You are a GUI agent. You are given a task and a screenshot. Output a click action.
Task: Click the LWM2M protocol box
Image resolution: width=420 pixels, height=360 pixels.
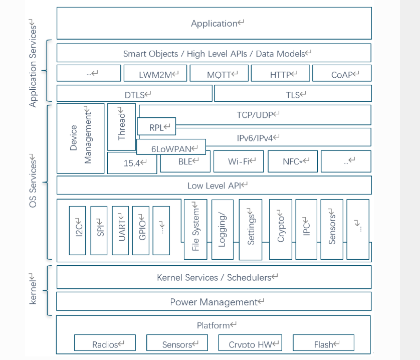click(155, 74)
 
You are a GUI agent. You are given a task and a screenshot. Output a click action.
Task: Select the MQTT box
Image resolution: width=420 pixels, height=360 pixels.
click(219, 74)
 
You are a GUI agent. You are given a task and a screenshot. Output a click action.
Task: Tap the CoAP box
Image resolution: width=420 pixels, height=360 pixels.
click(342, 74)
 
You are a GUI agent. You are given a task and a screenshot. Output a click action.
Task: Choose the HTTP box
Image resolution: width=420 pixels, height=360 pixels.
click(281, 74)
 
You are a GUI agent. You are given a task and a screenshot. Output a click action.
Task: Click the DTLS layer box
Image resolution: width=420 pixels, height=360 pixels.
click(134, 93)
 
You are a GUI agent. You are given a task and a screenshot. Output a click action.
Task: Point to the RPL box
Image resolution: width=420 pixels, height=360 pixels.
click(156, 126)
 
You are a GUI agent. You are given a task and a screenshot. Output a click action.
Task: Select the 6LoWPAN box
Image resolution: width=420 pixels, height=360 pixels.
click(171, 147)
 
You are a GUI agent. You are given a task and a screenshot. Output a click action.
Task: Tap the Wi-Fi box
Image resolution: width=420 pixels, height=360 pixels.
click(238, 161)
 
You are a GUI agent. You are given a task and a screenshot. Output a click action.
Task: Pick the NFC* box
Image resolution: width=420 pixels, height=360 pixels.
click(292, 161)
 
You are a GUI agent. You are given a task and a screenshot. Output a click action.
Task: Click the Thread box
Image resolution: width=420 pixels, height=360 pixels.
click(121, 127)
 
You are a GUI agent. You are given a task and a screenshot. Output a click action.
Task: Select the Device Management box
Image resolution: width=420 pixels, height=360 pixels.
click(80, 138)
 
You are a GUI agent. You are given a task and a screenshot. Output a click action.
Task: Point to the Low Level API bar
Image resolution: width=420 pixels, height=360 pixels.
click(214, 185)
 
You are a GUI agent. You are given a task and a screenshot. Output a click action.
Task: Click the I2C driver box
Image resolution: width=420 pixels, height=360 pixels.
click(78, 230)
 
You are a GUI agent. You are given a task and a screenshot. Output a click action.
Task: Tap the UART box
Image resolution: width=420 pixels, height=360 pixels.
click(121, 230)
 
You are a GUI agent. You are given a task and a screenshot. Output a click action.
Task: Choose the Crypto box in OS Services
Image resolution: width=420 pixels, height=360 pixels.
click(280, 228)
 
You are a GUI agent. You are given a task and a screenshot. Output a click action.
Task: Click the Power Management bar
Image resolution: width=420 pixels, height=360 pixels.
click(214, 301)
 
